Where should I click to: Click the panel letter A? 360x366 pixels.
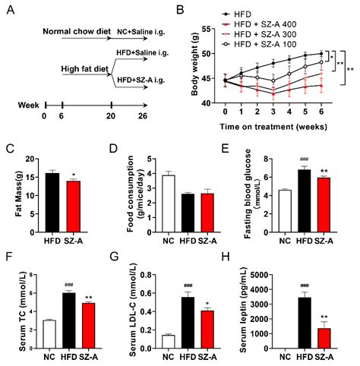[x=9, y=9]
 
